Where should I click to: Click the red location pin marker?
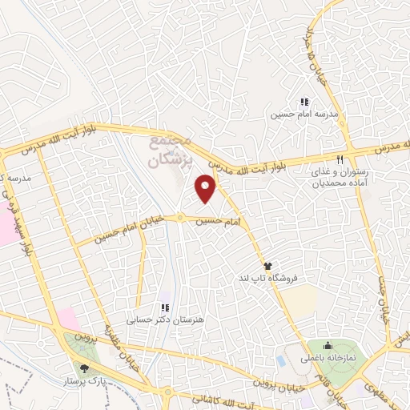(x=207, y=188)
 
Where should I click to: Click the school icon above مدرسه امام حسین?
(x=303, y=102)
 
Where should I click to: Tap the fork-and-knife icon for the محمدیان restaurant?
(x=340, y=159)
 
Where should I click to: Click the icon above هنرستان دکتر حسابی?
(x=165, y=307)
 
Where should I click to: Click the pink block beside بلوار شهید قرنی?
(x=7, y=227)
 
